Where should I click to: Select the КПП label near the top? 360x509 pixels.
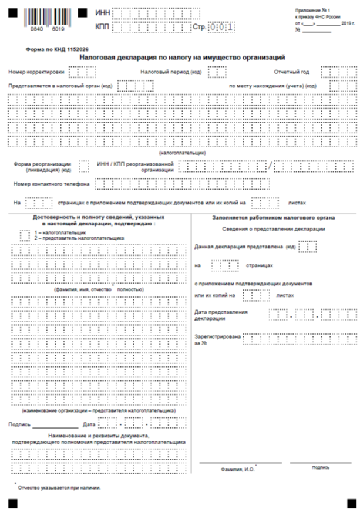pos(102,27)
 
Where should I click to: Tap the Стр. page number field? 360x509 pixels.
pos(222,27)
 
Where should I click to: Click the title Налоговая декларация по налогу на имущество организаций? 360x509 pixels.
pos(183,58)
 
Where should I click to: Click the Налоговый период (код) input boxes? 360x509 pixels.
pos(217,72)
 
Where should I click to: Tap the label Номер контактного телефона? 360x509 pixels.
pos(52,184)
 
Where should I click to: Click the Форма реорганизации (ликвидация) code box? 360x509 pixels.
pos(84,166)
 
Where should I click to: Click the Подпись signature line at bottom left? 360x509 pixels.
pos(55,423)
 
